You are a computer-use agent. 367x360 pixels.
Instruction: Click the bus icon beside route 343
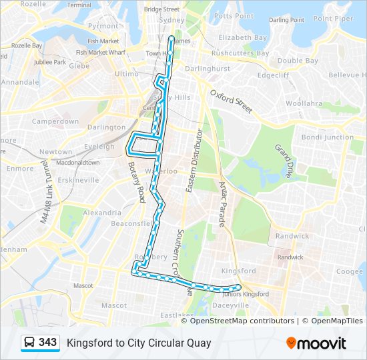(x=29, y=343)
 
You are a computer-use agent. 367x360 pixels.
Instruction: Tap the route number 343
(x=48, y=343)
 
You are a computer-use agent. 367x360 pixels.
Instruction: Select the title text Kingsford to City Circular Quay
(x=139, y=343)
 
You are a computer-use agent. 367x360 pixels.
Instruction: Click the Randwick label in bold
(x=293, y=236)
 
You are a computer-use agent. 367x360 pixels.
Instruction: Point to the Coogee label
(x=349, y=271)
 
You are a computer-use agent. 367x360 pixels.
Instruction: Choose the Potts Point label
(x=234, y=16)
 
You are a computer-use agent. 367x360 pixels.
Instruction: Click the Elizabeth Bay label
(x=243, y=38)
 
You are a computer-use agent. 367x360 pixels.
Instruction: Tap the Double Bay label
(x=298, y=61)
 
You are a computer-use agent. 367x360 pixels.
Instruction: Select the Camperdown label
(x=55, y=122)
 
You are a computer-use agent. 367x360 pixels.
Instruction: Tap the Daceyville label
(x=230, y=305)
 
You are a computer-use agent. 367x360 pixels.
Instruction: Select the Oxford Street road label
(x=232, y=101)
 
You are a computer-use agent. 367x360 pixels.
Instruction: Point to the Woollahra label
(x=304, y=103)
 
